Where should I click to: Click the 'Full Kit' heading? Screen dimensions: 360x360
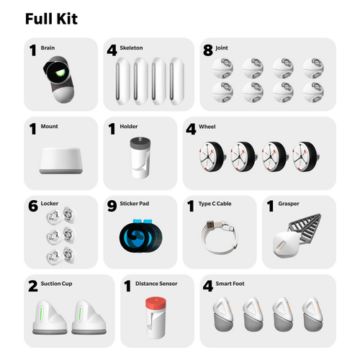click(x=51, y=18)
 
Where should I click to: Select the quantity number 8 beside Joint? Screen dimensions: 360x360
click(x=210, y=51)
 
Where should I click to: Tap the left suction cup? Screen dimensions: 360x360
click(x=48, y=317)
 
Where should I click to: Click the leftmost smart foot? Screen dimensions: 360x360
click(x=223, y=315)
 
